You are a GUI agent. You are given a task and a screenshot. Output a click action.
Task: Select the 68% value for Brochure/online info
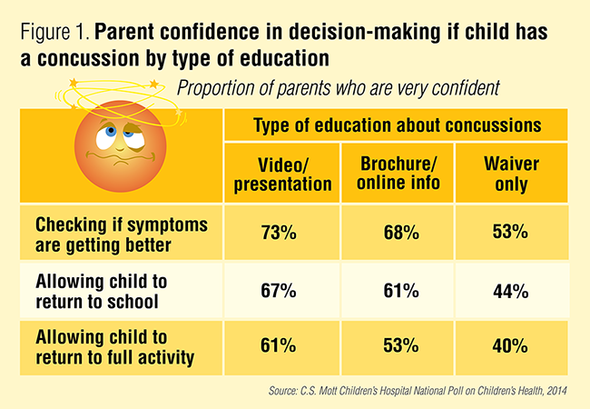[x=399, y=234]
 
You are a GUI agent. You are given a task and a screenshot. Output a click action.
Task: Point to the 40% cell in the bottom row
[x=511, y=345]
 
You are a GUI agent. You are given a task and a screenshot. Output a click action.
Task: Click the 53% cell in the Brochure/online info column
[x=399, y=345]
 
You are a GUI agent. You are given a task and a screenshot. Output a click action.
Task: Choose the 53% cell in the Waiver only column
[x=511, y=234]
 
